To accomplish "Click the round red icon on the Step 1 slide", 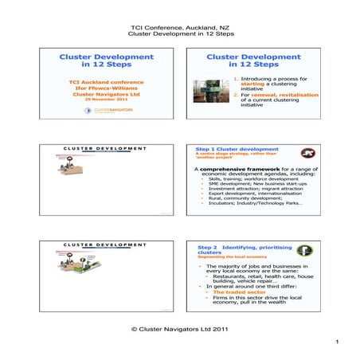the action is (x=307, y=154).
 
